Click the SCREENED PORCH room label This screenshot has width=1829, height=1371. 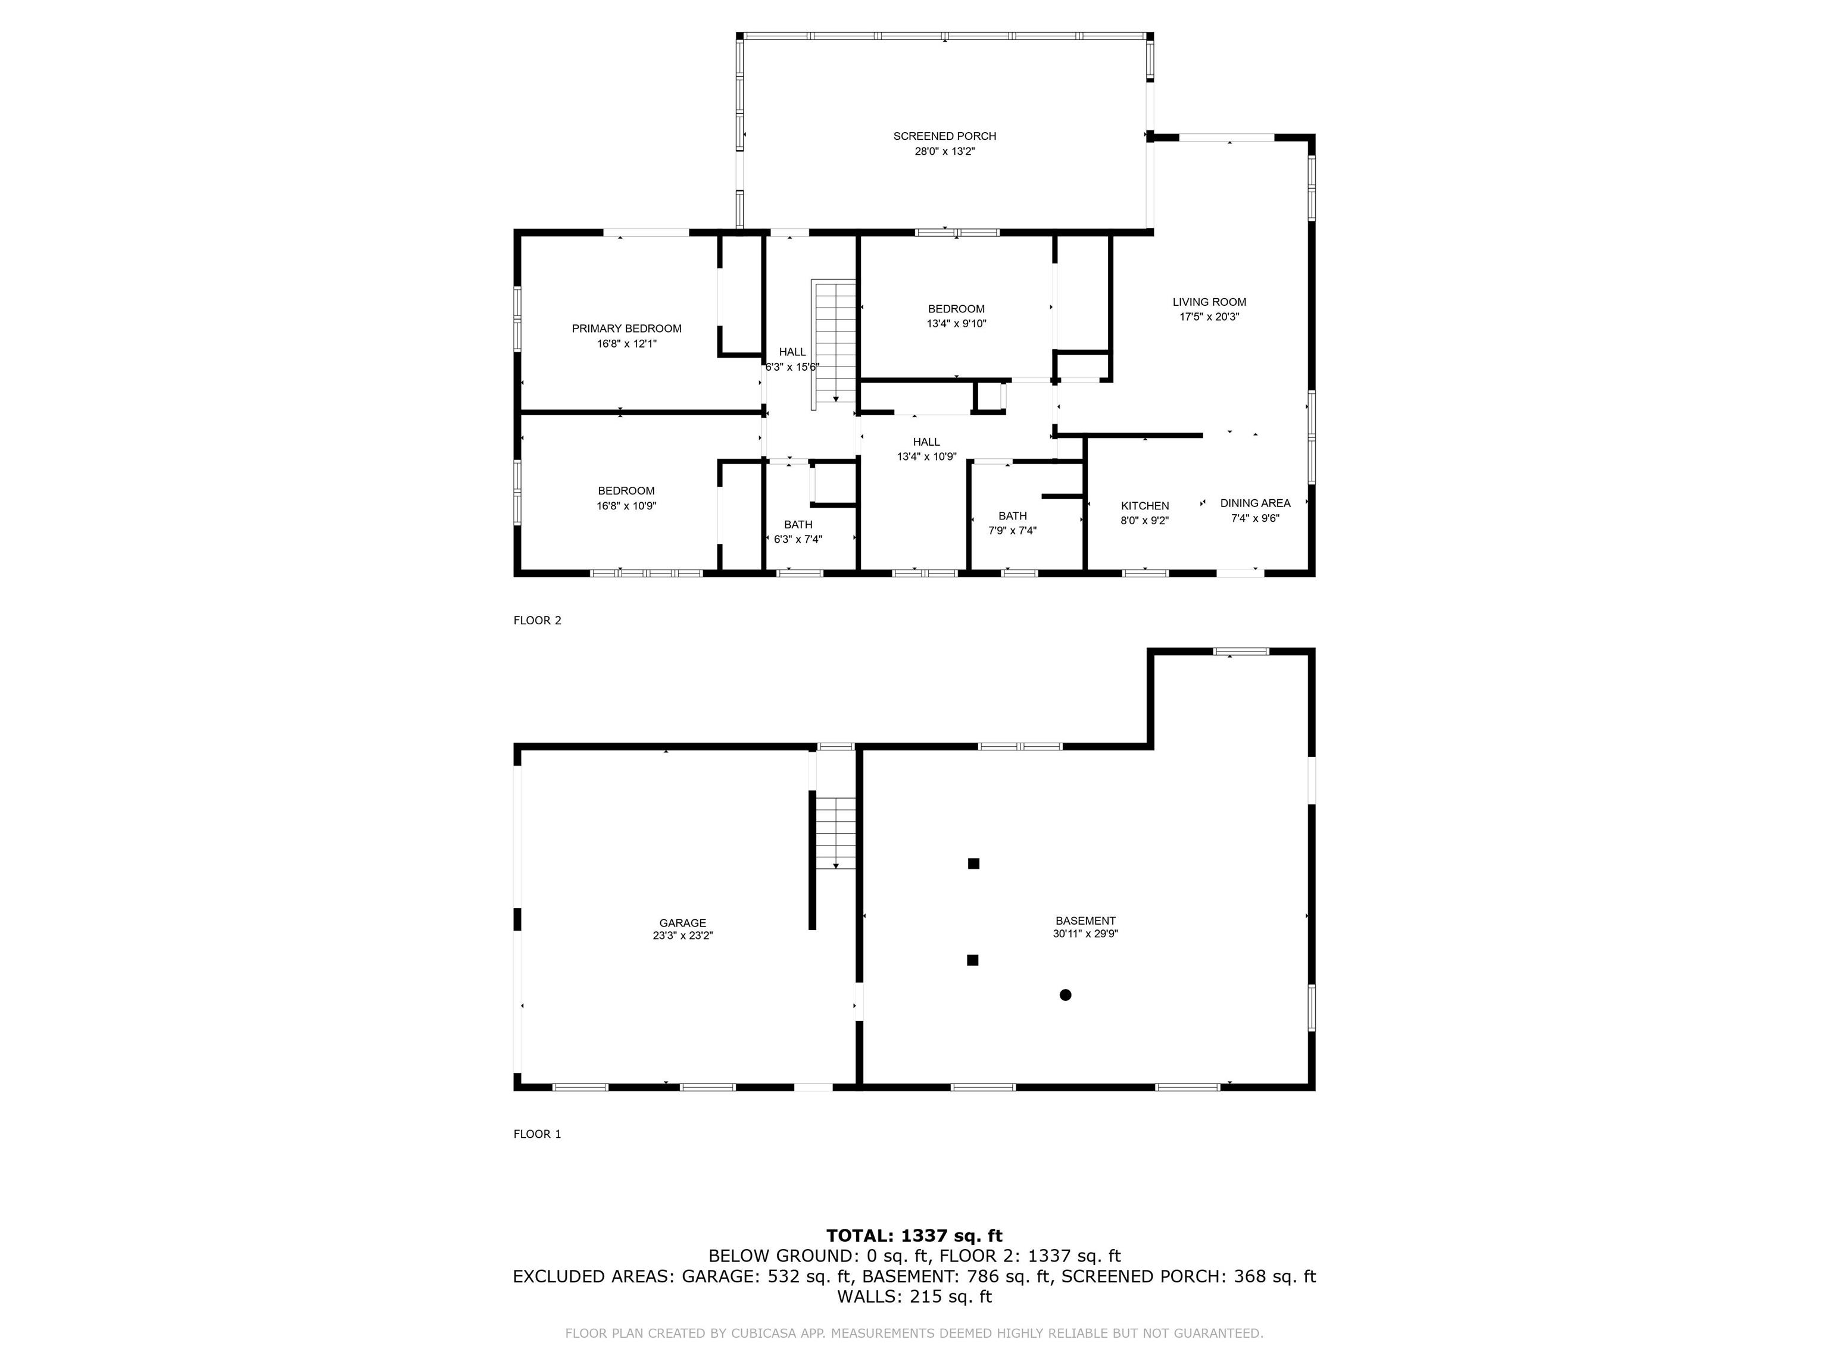tap(944, 136)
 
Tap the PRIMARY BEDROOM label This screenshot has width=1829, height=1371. tap(627, 329)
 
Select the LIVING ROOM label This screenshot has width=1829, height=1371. tap(1209, 302)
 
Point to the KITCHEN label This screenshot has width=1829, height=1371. tap(1144, 506)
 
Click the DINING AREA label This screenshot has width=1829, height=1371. tap(1254, 503)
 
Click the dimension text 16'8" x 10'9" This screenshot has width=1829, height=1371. tap(627, 506)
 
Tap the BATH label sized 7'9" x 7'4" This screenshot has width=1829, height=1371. tap(1012, 517)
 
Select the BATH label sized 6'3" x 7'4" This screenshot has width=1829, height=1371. tap(798, 525)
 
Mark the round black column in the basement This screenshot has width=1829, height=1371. tap(1065, 995)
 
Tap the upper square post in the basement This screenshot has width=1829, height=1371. tap(973, 863)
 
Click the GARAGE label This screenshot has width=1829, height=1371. tap(682, 923)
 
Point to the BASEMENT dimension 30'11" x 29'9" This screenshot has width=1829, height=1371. tap(1085, 935)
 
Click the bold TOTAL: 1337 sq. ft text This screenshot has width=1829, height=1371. tap(914, 1235)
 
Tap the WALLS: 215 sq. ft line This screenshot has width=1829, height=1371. tap(914, 1297)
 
